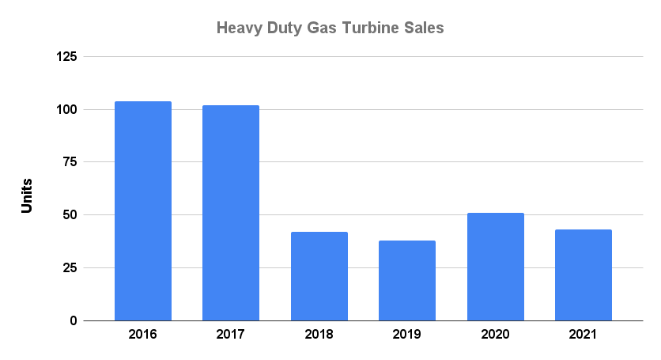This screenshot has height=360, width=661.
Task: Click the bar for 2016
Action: [x=143, y=211]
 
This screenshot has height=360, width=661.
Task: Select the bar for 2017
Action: [x=231, y=213]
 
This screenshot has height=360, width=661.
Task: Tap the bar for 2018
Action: [x=319, y=276]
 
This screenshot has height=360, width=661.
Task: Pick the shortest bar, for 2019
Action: [x=407, y=280]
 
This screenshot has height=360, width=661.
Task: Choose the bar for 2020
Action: [x=495, y=267]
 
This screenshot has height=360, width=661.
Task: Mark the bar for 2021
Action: [x=584, y=275]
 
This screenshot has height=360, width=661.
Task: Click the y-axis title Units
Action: [x=27, y=195]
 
